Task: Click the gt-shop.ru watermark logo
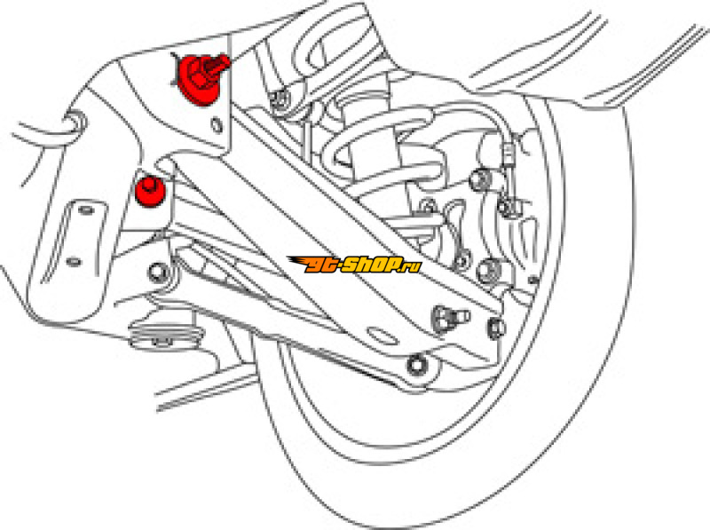click(354, 264)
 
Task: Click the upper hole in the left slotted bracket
click(88, 211)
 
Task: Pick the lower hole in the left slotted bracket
click(74, 261)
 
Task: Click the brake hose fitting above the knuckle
click(508, 156)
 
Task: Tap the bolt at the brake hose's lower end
click(505, 207)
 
